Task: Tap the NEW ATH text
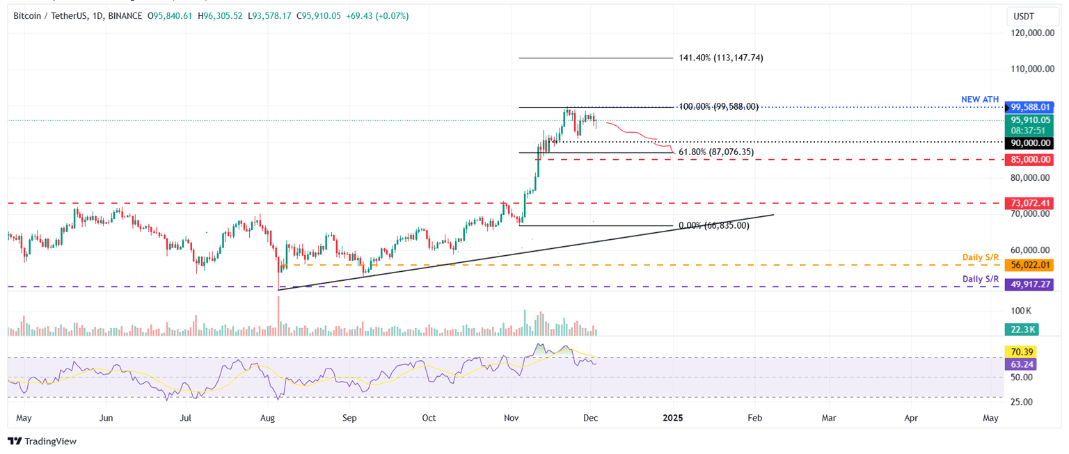point(980,99)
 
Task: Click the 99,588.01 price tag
point(1031,107)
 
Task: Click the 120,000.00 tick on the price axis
point(1031,33)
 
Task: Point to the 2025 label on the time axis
point(673,419)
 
